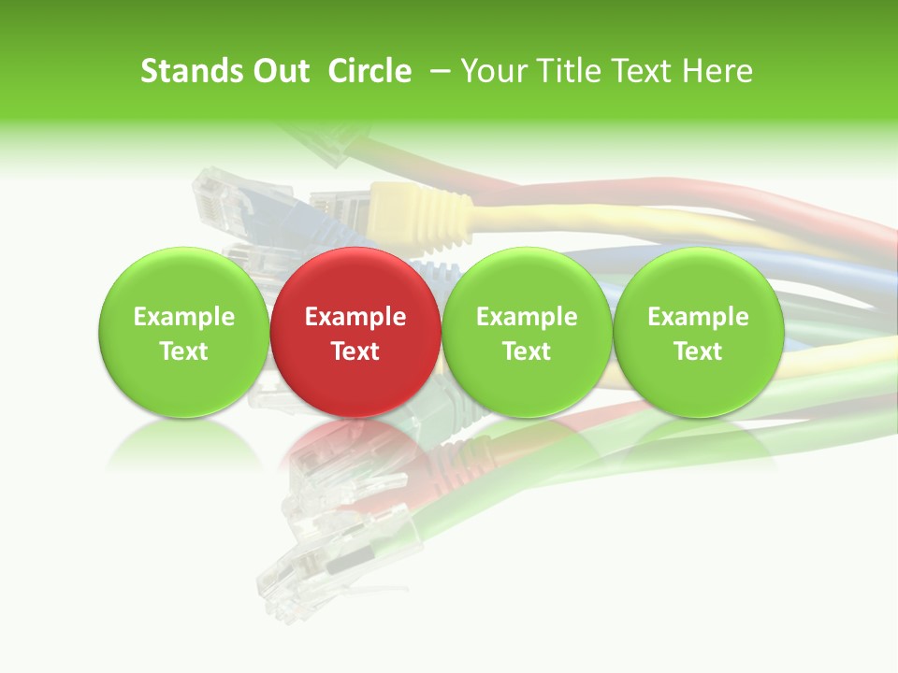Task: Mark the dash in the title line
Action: point(438,72)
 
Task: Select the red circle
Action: point(355,332)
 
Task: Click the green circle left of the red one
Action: point(183,332)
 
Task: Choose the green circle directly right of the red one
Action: point(527,332)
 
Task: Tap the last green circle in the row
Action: point(698,332)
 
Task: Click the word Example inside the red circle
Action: point(355,317)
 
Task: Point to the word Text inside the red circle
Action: point(355,351)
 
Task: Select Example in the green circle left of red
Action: point(183,317)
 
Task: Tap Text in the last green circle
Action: point(698,351)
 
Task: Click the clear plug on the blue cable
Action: point(217,198)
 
